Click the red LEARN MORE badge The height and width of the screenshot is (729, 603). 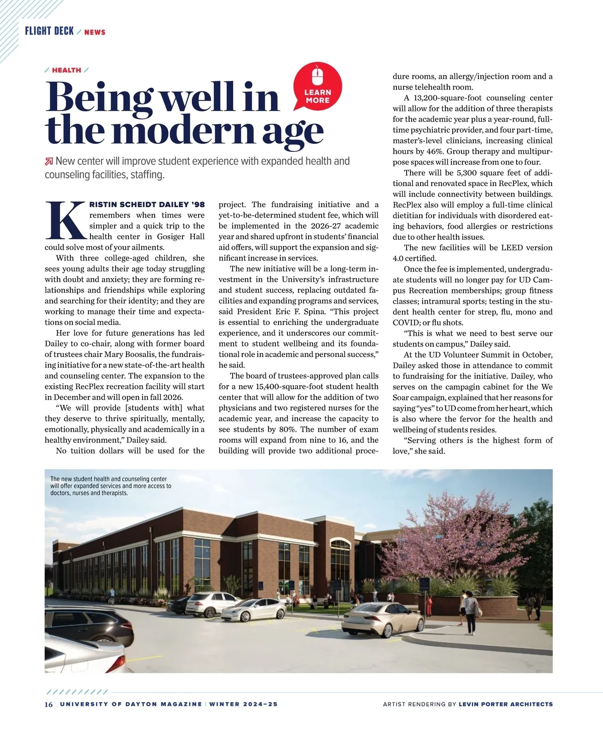[x=318, y=88]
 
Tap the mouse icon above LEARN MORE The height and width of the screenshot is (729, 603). [x=317, y=76]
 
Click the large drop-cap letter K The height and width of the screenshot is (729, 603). [x=65, y=220]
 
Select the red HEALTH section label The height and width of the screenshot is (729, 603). [x=66, y=70]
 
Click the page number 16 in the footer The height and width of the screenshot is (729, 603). [x=48, y=704]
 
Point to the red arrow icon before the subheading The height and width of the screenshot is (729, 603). [x=49, y=161]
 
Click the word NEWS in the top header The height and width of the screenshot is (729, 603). [x=95, y=32]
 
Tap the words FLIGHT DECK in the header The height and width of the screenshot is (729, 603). [x=49, y=31]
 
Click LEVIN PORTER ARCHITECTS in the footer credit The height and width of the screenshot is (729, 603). [x=506, y=704]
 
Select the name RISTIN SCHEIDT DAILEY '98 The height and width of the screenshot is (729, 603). [x=147, y=205]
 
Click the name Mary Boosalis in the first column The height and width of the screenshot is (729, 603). [x=131, y=354]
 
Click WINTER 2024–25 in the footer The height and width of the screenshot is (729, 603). [x=243, y=704]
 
